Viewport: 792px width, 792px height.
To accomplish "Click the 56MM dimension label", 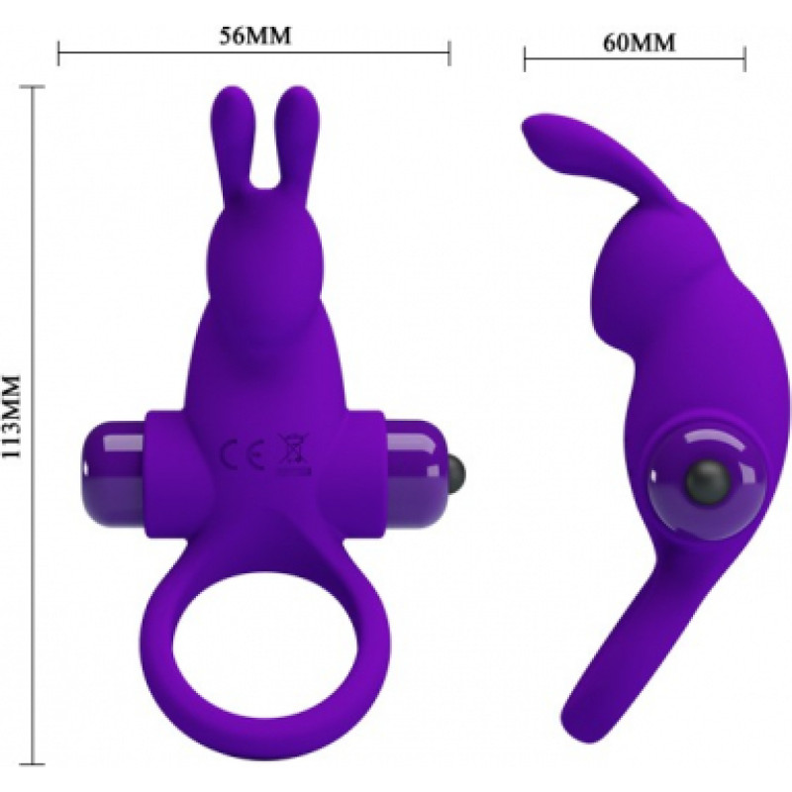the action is pos(255,36).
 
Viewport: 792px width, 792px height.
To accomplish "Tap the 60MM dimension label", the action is pos(639,43).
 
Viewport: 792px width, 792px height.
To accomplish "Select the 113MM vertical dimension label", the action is pos(11,416).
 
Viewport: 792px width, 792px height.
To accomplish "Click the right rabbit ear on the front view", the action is pos(297,147).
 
